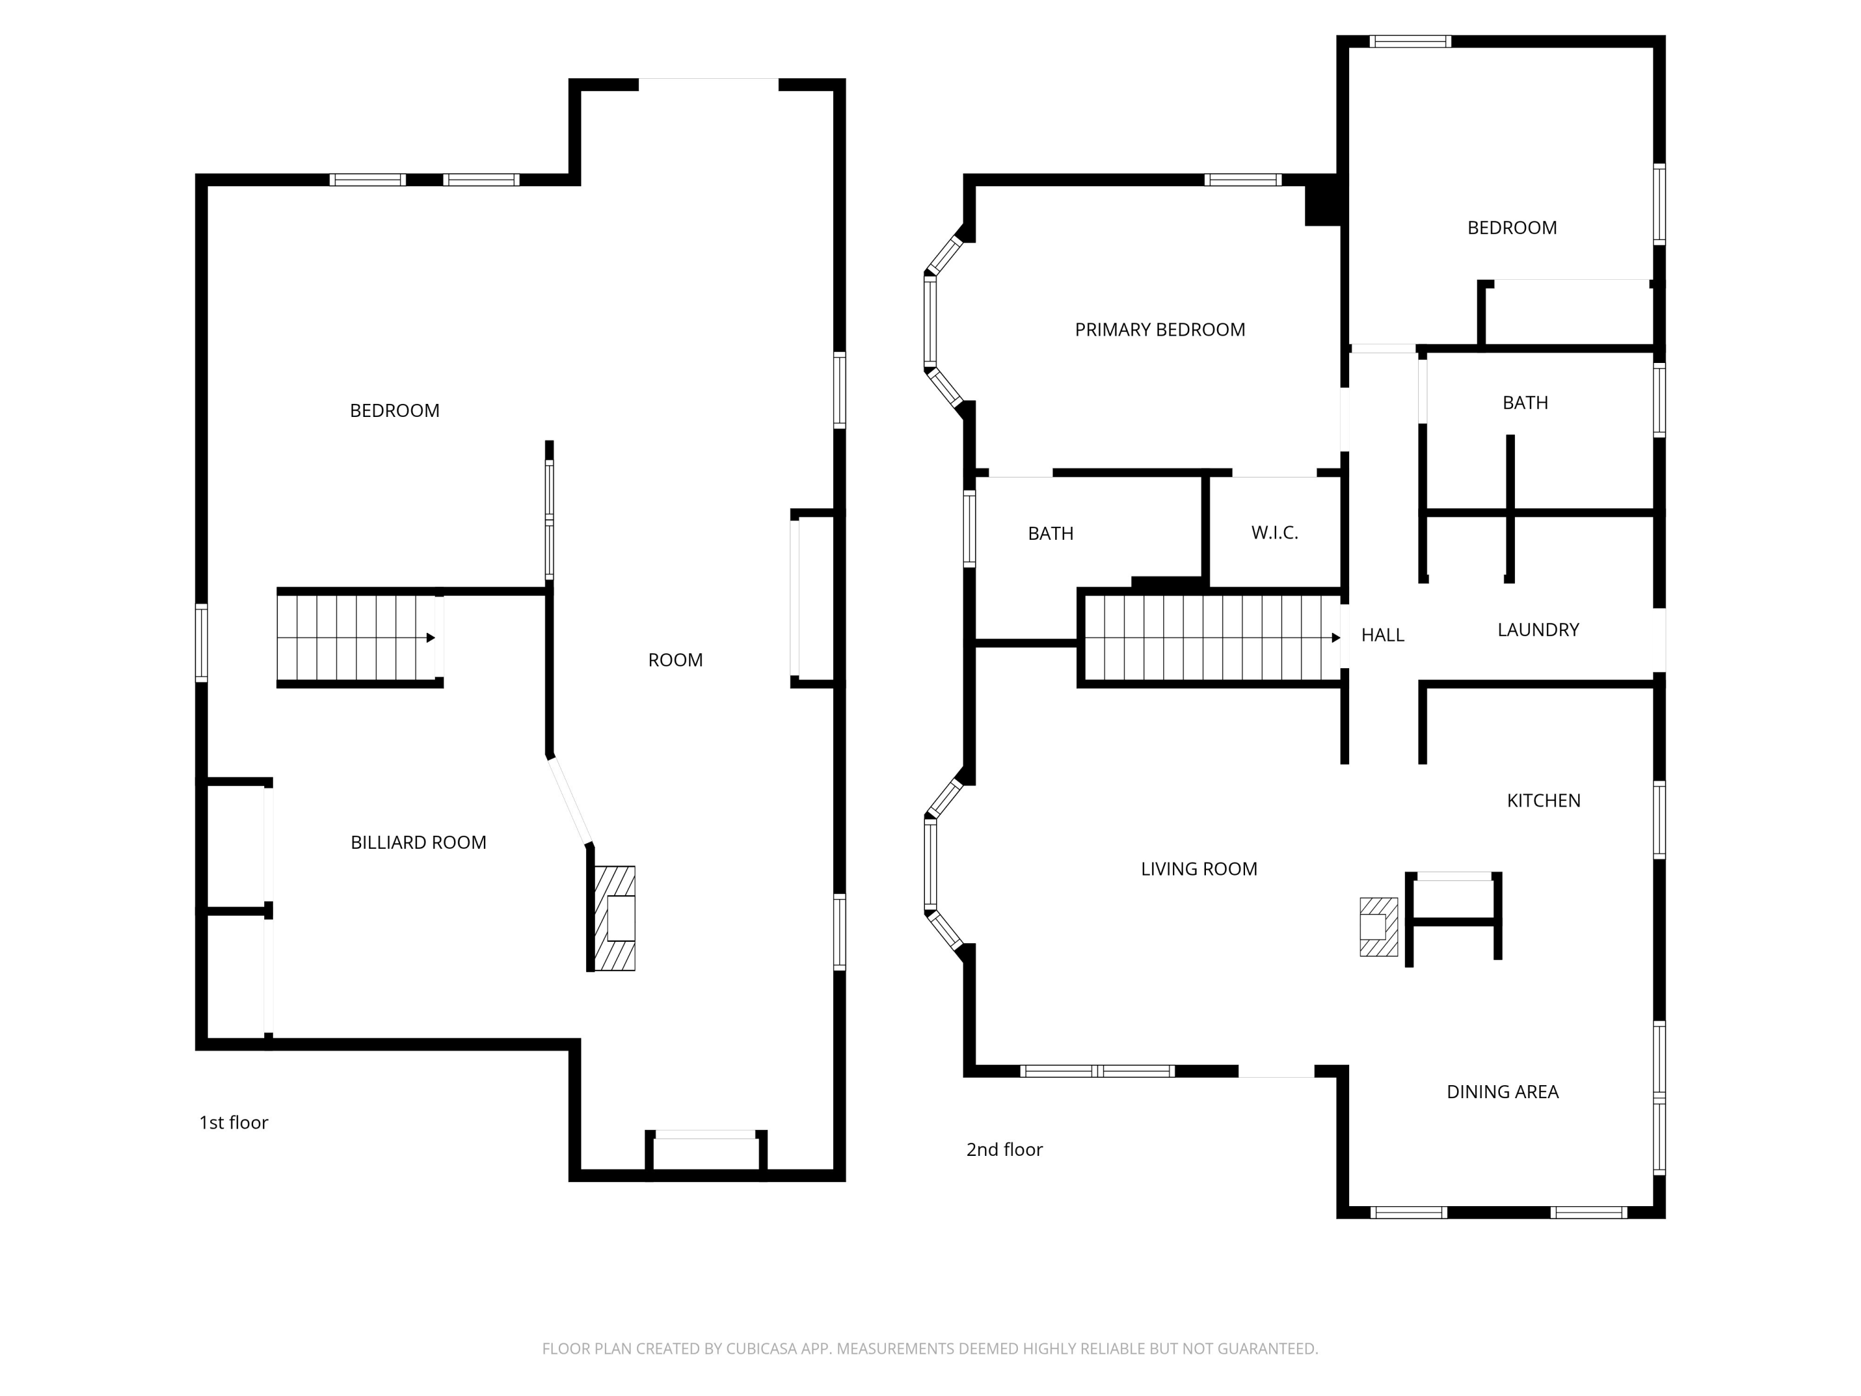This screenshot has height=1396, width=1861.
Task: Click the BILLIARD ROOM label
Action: pos(418,843)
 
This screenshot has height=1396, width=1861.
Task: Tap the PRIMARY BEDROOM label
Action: pos(1160,330)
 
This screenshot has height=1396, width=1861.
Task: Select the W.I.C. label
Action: pos(1275,532)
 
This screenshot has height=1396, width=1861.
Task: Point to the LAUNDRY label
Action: pos(1538,629)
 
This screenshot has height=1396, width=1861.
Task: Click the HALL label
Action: pos(1382,635)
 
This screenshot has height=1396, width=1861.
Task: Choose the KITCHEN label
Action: pos(1543,801)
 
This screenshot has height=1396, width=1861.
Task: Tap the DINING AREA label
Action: pos(1502,1092)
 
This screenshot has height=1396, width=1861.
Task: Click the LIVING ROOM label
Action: pos(1199,869)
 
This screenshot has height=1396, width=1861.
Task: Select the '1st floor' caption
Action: pos(234,1122)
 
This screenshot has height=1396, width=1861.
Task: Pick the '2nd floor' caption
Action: pos(1004,1150)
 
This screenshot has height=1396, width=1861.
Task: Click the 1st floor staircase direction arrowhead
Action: pos(431,638)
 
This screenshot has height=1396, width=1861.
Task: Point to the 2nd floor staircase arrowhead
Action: pos(1336,638)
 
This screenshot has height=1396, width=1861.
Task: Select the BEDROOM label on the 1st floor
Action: pos(395,411)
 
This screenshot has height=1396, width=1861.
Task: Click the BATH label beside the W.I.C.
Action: pos(1051,534)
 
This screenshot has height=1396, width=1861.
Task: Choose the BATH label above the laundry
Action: pos(1525,403)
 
